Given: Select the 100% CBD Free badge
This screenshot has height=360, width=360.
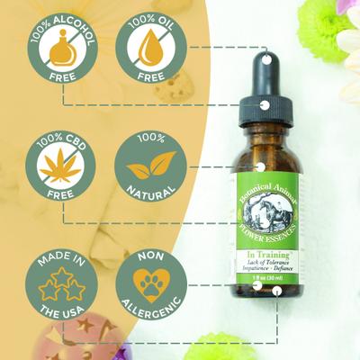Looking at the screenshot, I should click(x=64, y=167).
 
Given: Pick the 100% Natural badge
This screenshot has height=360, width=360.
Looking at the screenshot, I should click(x=146, y=167).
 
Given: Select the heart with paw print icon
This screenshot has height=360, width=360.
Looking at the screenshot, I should click(x=146, y=280).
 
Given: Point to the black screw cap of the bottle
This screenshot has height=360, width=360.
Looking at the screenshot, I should click(x=265, y=116).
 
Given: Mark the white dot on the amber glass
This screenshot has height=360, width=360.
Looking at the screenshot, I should click(x=262, y=166).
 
